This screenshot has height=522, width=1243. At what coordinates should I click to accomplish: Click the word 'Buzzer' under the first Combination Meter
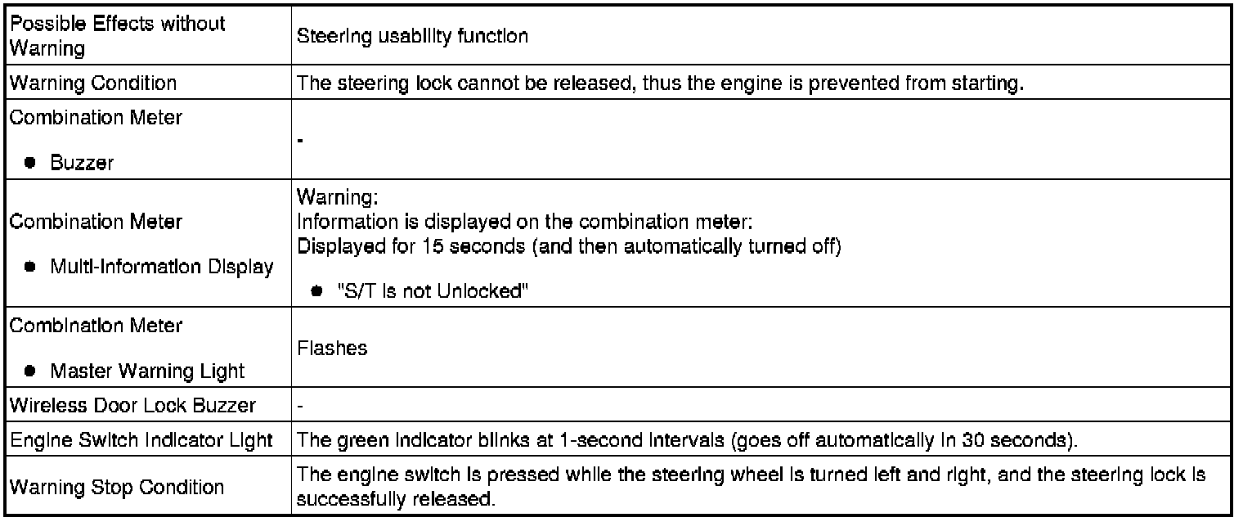point(82,163)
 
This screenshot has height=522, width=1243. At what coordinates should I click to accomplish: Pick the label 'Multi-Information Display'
point(161,268)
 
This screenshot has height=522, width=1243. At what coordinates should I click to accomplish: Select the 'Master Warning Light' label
point(147,371)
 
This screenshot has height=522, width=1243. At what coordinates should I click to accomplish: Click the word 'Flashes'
point(332,349)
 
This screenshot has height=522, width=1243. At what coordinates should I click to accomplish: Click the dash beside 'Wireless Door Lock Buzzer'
point(299,405)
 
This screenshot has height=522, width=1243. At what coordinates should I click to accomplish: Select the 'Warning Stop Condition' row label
point(116,488)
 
